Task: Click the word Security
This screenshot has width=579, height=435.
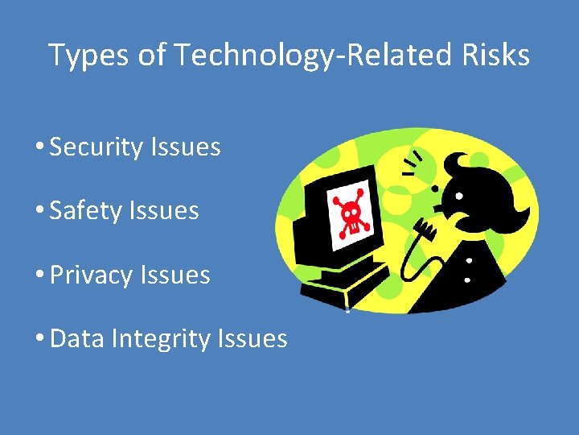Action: [95, 147]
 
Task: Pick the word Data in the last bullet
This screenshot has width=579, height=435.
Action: [77, 339]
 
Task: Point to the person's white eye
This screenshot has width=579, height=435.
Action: [458, 196]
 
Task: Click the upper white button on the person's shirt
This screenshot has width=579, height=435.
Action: [467, 261]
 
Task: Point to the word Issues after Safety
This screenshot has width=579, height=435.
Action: [169, 211]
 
